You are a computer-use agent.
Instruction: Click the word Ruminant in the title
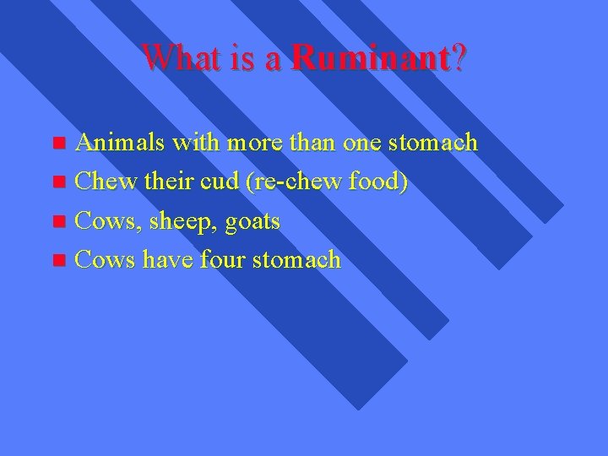point(368,58)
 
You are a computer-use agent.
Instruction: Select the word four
point(223,260)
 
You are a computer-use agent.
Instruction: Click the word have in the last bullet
point(166,260)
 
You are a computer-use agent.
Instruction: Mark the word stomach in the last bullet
point(299,260)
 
